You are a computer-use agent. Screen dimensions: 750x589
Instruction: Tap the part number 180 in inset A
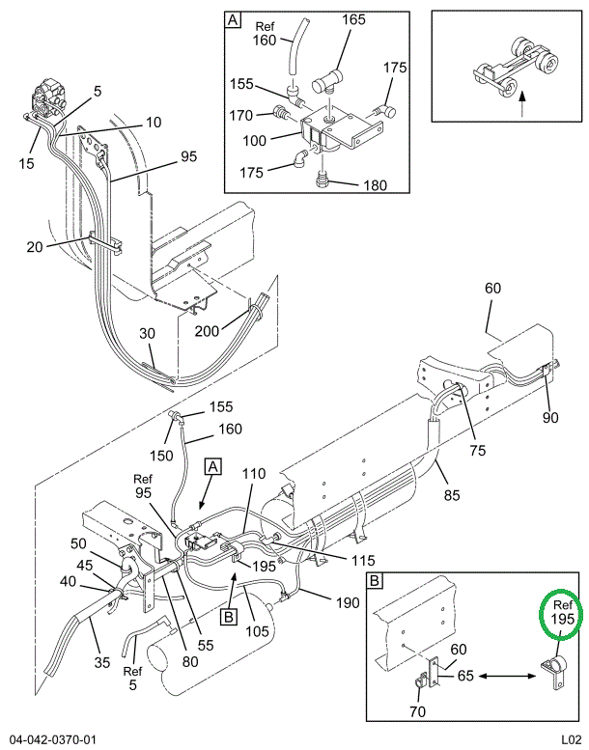(374, 184)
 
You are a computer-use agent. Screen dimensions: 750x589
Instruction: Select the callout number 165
(354, 19)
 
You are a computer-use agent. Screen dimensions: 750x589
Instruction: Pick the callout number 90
(551, 417)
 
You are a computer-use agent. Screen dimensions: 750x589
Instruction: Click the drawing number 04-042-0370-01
(53, 739)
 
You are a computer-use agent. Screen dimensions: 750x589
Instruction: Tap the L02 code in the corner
(570, 739)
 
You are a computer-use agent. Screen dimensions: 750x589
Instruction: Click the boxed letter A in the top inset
(233, 19)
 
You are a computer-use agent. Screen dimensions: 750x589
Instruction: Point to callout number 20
(35, 246)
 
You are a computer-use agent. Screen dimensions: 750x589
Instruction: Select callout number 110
(253, 474)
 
